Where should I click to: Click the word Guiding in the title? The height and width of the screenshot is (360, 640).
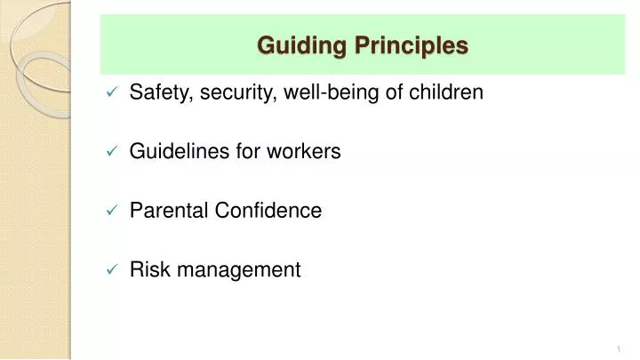pos(294,44)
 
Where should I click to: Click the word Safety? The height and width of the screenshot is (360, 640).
pos(158,92)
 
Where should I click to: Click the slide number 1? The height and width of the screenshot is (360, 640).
pos(618,347)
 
